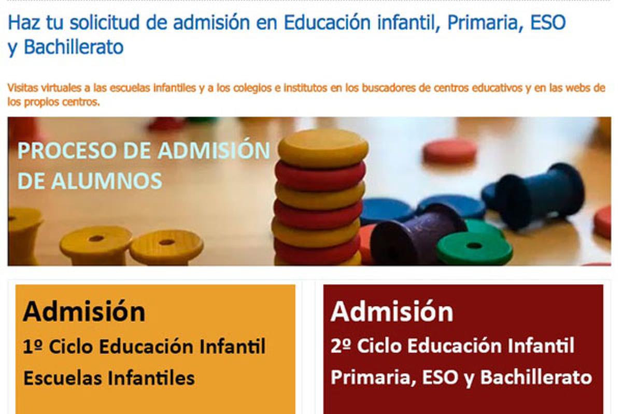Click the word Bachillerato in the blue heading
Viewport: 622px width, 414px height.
click(74, 47)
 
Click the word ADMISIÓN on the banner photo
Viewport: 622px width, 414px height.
click(214, 151)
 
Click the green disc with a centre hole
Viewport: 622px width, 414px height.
click(474, 247)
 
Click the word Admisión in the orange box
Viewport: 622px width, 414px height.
click(84, 312)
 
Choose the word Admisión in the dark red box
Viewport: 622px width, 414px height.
click(392, 312)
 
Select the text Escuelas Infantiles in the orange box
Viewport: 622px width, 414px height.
click(109, 378)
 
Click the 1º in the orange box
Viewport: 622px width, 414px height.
click(33, 346)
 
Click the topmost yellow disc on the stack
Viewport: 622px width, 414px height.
click(323, 147)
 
